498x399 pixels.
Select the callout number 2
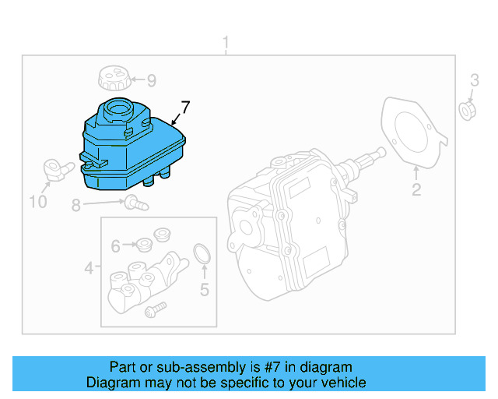coord(416,189)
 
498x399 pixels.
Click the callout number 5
coord(205,290)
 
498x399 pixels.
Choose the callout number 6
coord(115,246)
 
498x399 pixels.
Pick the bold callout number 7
coord(185,107)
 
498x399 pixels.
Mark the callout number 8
coord(76,206)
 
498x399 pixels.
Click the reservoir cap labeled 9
coord(113,79)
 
